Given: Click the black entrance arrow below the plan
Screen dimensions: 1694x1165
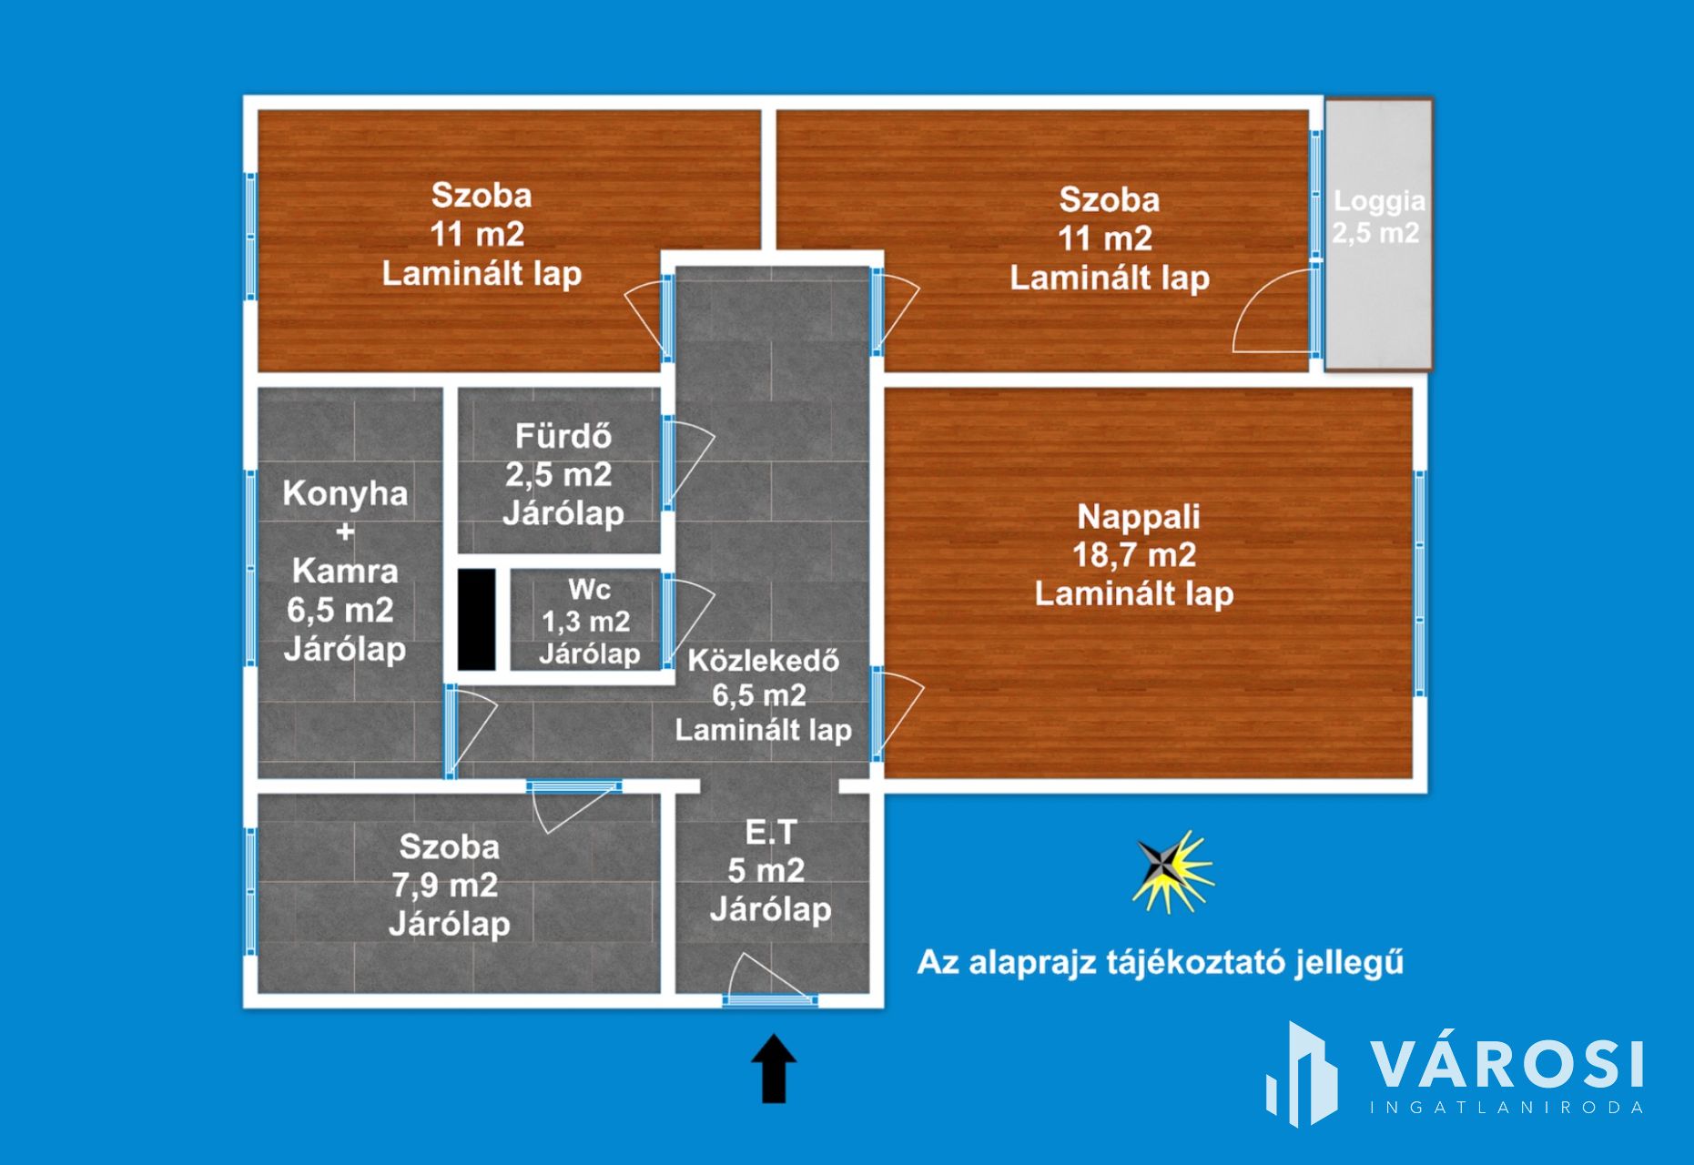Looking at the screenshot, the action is tap(773, 1069).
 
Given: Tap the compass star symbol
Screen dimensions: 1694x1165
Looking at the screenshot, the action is tap(1172, 871).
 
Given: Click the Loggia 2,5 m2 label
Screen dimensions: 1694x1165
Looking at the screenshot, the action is tap(1378, 218).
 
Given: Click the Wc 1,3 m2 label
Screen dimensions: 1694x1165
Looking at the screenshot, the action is tap(588, 622).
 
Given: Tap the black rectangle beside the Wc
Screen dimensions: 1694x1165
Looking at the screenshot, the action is tap(476, 619).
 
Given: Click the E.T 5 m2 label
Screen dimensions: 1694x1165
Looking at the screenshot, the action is tap(769, 871).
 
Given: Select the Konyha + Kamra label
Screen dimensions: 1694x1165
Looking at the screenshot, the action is tap(344, 571).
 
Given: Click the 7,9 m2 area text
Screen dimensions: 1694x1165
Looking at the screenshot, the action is tap(445, 885).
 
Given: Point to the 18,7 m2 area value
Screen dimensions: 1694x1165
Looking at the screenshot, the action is tap(1134, 554).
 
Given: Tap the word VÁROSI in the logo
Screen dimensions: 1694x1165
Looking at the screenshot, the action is tap(1507, 1065).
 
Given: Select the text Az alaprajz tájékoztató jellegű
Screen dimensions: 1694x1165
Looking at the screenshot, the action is tap(1160, 963).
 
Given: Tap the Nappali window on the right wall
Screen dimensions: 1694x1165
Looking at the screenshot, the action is tap(1419, 584).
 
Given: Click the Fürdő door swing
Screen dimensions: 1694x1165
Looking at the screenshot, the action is tap(692, 462).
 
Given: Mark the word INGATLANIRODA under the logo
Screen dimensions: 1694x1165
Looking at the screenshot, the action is tap(1507, 1108).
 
